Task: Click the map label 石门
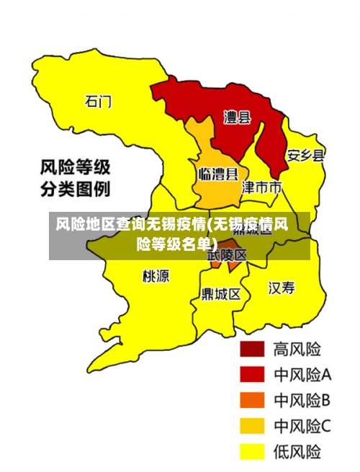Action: [x=99, y=101]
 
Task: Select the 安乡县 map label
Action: [x=306, y=155]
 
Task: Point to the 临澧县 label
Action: [x=218, y=174]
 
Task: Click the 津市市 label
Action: [x=261, y=188]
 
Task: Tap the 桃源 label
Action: [x=156, y=276]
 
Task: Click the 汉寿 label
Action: [x=282, y=288]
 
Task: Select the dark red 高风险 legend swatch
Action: [x=251, y=349]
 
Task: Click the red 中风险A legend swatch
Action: [x=251, y=375]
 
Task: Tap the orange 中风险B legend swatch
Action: [x=251, y=400]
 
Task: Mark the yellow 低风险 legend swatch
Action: [x=251, y=452]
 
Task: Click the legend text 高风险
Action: [x=297, y=349]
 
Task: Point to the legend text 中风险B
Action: [x=302, y=400]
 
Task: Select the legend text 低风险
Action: [x=297, y=452]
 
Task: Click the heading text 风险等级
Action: [x=75, y=169]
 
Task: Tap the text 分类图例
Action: [x=75, y=190]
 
